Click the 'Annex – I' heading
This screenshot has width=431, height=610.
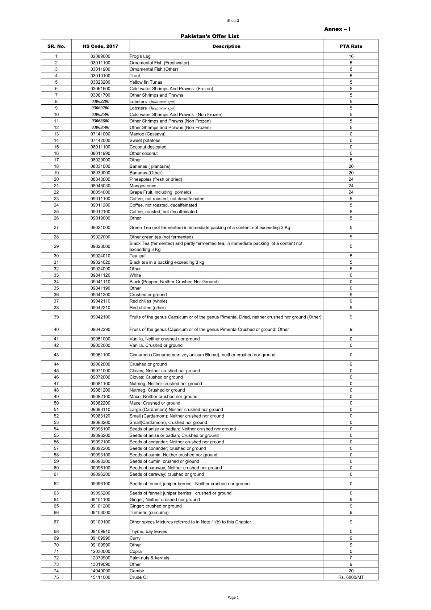[x=337, y=29]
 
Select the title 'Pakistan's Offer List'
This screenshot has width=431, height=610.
[x=209, y=36]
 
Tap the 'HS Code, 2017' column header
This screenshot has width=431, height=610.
[x=100, y=46]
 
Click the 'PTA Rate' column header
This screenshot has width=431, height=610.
[x=351, y=46]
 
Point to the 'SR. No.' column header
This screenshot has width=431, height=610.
[x=56, y=46]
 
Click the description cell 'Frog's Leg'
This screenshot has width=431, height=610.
[x=140, y=57]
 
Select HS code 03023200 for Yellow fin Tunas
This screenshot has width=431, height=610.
[x=100, y=82]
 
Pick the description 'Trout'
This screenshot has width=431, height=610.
[x=135, y=76]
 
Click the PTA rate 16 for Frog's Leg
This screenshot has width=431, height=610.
[x=351, y=57]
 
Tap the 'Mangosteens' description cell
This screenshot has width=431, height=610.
[x=143, y=186]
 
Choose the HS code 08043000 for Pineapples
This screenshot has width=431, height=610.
[x=100, y=179]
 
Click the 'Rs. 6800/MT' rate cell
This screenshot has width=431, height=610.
[x=351, y=577]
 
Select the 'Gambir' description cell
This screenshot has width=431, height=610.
[x=137, y=571]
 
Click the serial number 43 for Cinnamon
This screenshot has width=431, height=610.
[x=56, y=355]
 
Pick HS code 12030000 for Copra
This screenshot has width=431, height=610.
[x=100, y=551]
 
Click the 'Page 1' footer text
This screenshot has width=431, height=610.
[x=233, y=598]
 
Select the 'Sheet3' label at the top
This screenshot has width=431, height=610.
[x=233, y=21]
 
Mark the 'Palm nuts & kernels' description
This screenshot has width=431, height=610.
[x=149, y=558]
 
